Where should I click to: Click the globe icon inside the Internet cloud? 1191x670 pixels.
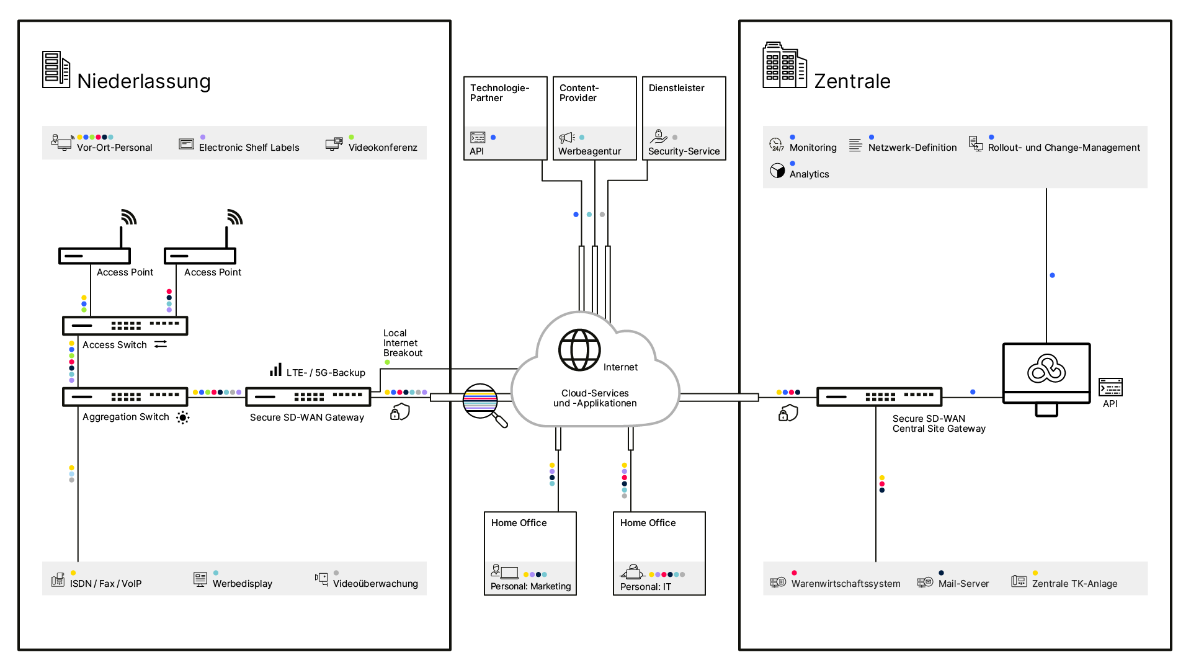(579, 350)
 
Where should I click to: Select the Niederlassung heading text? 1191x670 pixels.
(143, 81)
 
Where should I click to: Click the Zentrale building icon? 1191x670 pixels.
(784, 66)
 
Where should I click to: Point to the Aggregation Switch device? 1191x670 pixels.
(125, 396)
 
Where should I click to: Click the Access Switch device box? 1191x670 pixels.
(125, 325)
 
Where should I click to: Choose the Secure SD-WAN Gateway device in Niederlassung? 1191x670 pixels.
(308, 396)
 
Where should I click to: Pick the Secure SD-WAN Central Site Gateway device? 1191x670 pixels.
(879, 396)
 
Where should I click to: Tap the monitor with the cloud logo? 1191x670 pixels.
(1046, 374)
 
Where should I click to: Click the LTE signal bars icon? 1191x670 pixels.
(275, 370)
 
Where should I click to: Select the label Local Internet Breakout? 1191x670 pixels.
(403, 343)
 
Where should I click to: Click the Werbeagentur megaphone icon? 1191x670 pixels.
(566, 138)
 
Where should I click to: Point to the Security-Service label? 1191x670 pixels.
(684, 151)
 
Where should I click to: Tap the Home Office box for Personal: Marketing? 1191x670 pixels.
(530, 553)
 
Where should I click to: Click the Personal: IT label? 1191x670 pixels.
(645, 587)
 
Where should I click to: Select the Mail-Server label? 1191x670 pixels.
(963, 584)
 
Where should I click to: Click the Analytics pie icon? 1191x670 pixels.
(777, 171)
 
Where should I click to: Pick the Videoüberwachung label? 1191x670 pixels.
(375, 584)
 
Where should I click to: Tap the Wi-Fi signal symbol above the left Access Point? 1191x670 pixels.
(129, 217)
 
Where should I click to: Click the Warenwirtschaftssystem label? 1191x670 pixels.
(845, 584)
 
